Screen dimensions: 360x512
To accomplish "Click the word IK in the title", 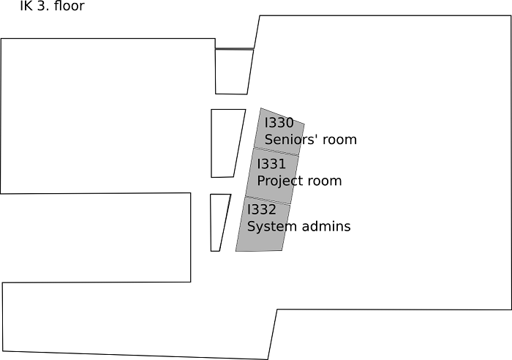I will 26,8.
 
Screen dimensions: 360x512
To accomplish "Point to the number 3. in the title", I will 45,8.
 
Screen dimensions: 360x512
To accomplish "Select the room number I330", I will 279,122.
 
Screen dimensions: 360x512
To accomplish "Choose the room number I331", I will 271,164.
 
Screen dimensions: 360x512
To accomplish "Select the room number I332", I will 262,209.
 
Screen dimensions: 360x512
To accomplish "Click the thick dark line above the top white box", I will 234,49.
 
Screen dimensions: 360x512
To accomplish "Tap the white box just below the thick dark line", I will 233,72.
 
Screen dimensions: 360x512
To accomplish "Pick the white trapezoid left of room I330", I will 226,143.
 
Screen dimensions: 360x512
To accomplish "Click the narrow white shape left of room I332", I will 219,220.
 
